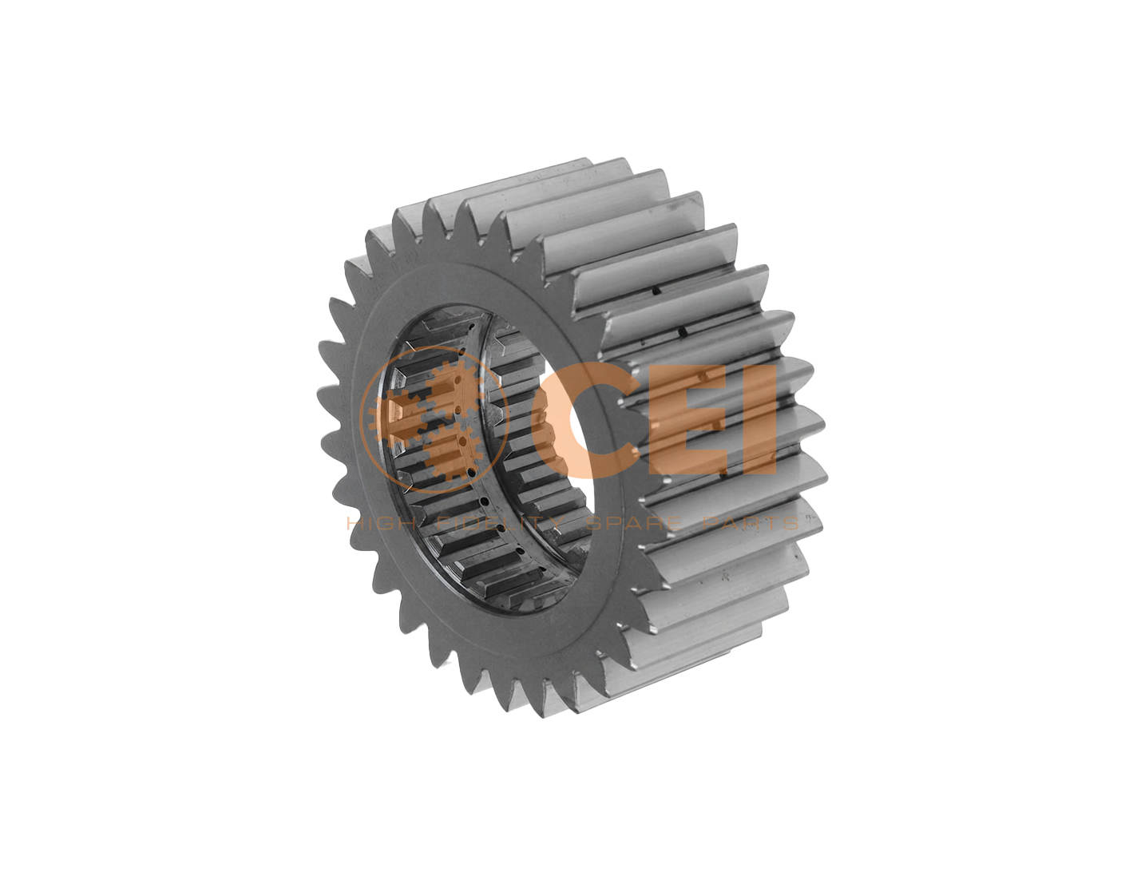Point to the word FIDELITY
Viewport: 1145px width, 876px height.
[x=498, y=523]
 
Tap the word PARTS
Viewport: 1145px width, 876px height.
[x=751, y=523]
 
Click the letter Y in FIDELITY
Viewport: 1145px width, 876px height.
[x=554, y=523]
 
